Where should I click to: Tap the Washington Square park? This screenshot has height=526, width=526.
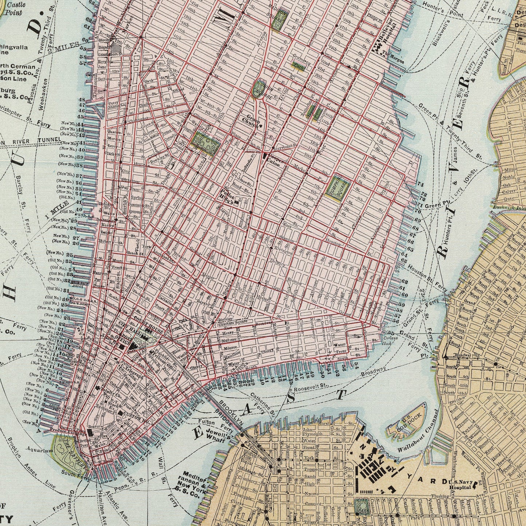206,143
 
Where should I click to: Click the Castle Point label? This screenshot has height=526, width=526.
15,9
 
